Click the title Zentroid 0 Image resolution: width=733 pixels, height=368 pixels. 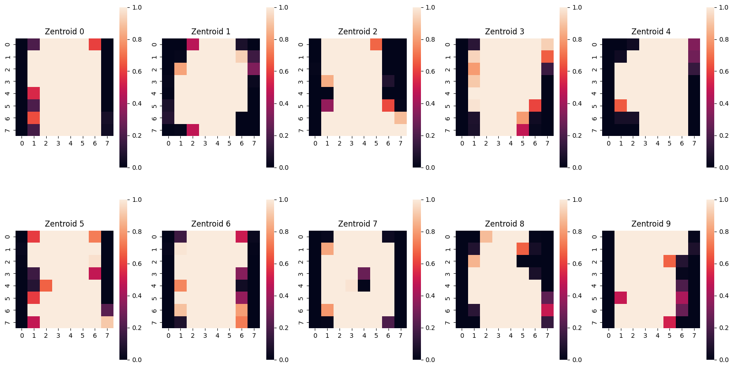click(64, 32)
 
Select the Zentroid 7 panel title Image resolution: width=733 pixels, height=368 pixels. click(358, 224)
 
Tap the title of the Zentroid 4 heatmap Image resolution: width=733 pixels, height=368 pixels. click(651, 32)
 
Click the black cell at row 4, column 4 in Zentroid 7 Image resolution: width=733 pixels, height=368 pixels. click(364, 286)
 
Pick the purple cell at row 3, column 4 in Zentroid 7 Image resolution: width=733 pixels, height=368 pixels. click(364, 273)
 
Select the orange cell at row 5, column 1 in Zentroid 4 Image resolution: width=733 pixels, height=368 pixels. click(621, 105)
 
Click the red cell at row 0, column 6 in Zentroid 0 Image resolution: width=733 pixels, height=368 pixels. click(95, 44)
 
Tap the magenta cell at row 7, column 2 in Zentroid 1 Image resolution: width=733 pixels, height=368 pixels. click(193, 130)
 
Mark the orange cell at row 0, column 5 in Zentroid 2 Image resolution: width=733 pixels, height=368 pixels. click(376, 44)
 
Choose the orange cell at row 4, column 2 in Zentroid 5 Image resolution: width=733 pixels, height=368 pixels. click(46, 286)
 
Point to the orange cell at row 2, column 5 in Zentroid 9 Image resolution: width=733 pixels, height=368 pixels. click(669, 261)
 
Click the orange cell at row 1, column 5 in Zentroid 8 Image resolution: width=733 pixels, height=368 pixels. click(523, 249)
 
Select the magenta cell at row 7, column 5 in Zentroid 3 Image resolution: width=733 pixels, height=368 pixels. click(523, 130)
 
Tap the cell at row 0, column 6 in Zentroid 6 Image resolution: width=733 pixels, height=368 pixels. click(242, 237)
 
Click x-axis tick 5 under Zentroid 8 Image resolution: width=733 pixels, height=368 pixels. click(523, 335)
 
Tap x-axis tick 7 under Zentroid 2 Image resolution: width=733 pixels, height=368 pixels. click(400, 143)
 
